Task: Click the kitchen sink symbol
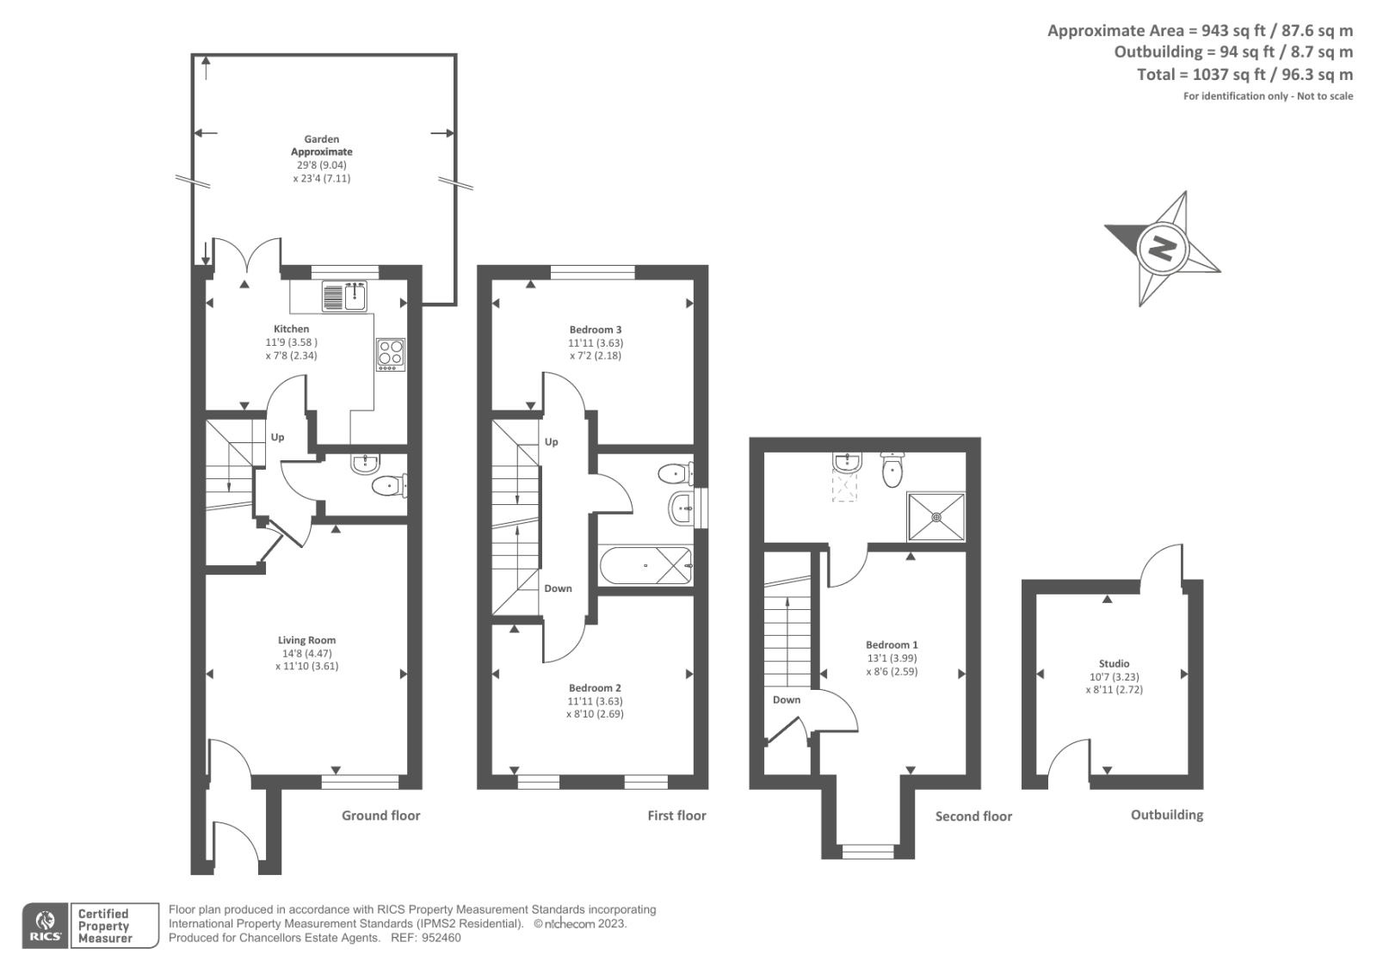coord(345,296)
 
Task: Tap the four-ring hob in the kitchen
coord(391,354)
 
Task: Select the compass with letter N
coord(1161,249)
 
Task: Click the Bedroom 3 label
coord(595,329)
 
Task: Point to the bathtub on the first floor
coord(645,565)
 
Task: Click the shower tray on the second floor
coord(935,516)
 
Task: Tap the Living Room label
coord(306,640)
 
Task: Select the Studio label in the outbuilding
coord(1114,663)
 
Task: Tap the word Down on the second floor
coord(786,699)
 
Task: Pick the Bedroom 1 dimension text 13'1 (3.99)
coord(892,658)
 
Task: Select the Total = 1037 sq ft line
coord(1244,75)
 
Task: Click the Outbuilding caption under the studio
coord(1166,815)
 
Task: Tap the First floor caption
coord(676,816)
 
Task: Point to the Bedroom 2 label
coord(595,688)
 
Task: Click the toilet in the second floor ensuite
coord(892,469)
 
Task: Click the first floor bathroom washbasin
coord(681,508)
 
